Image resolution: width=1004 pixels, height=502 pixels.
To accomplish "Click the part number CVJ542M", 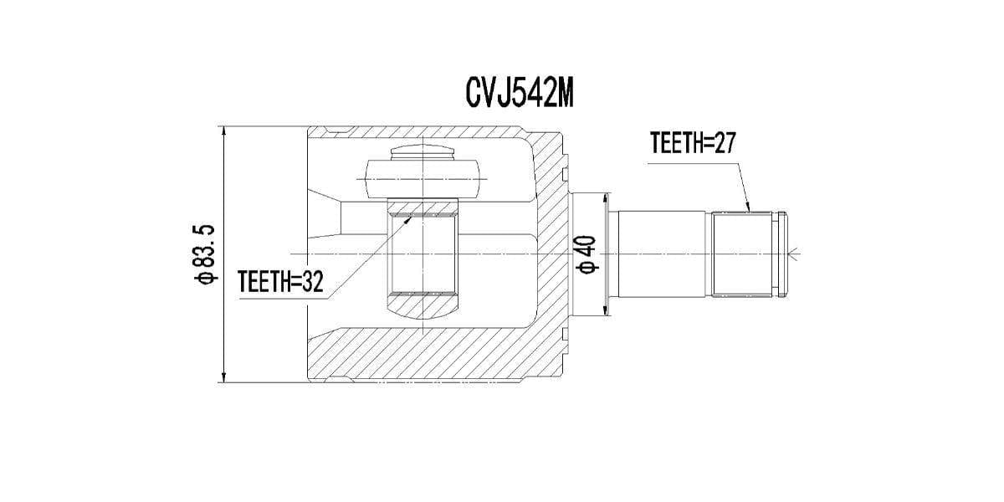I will point(519,95).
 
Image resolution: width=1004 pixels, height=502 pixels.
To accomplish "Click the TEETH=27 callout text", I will point(691,144).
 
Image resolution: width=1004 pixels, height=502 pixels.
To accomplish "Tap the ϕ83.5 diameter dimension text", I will point(206,254).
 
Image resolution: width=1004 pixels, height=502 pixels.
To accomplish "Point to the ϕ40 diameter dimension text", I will point(587,254).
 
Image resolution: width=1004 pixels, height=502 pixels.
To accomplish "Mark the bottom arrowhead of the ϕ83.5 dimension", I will point(224,377).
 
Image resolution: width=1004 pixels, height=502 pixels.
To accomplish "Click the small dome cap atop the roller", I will point(423,155).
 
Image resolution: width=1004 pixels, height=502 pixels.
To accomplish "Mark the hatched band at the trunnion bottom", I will point(423,301).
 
